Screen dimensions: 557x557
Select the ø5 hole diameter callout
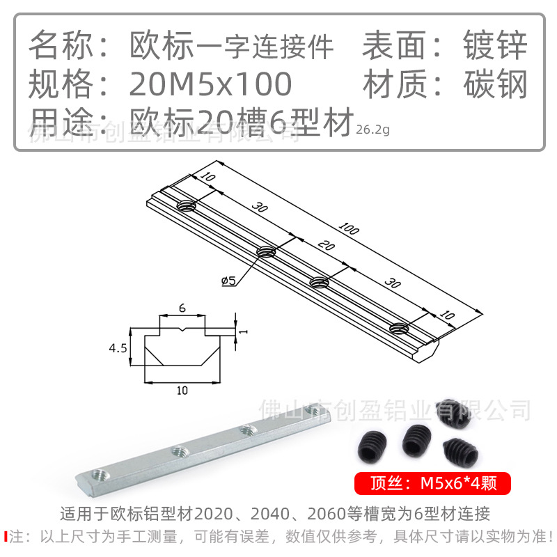tap(229, 281)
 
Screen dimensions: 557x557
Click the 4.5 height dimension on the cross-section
tap(118, 347)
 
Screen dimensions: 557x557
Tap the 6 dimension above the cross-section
tap(182, 307)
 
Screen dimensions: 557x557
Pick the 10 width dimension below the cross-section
tap(182, 391)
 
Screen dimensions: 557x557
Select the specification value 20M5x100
tap(210, 85)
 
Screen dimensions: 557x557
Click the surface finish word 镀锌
tap(495, 46)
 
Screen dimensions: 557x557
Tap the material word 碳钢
tap(495, 85)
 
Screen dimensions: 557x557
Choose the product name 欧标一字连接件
tap(232, 47)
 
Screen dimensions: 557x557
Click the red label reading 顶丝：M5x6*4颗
tap(433, 483)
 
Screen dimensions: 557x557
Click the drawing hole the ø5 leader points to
tap(267, 251)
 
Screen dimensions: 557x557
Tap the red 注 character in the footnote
tap(17, 537)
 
